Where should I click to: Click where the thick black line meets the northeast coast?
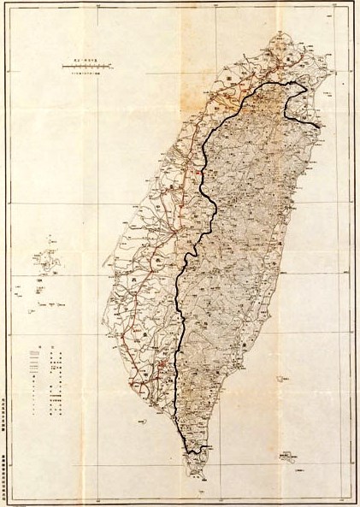point(319,128)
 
